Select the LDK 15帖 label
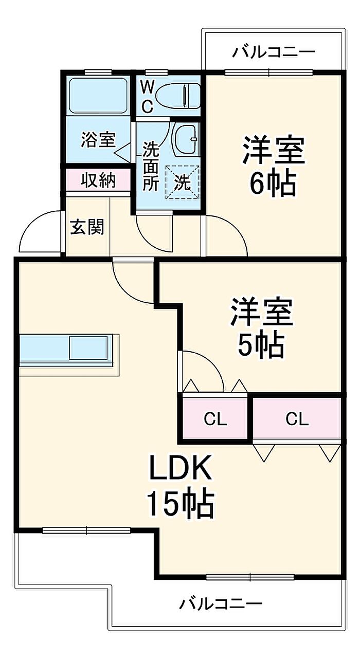180,486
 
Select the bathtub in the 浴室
98,95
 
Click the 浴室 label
98,140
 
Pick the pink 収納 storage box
98,180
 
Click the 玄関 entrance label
87,227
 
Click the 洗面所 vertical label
151,166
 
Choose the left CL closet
214,419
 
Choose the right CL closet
297,419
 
